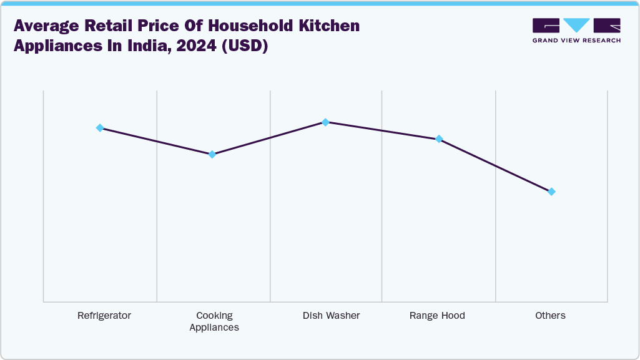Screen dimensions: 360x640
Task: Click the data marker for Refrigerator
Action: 100,128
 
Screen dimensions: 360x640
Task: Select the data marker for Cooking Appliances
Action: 212,154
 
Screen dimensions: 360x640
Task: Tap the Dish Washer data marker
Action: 325,122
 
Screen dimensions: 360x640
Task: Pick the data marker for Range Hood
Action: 438,139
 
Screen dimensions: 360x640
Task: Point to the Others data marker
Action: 551,192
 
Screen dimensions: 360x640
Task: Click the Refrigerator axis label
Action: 104,316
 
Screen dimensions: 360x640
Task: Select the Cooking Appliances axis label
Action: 214,321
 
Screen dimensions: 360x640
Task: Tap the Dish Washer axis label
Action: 331,316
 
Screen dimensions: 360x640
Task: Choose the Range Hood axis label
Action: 437,316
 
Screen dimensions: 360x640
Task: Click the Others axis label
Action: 550,316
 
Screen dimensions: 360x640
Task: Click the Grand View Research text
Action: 576,41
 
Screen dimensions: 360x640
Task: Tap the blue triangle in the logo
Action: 576,26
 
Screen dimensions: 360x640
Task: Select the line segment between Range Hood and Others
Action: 495,165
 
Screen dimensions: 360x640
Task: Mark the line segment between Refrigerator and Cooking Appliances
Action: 156,141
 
